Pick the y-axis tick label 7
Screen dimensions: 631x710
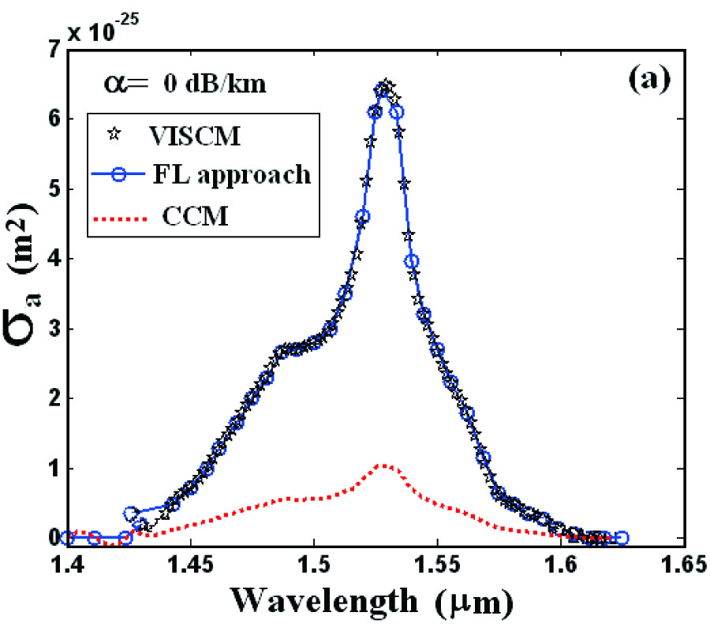click(53, 50)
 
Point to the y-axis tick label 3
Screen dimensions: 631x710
click(53, 329)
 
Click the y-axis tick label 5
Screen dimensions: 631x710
click(53, 189)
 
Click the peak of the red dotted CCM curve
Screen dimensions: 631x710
click(383, 465)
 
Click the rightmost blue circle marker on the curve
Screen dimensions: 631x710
click(621, 538)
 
